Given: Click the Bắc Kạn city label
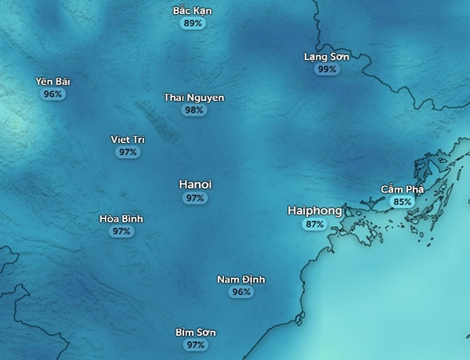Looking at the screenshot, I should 192,11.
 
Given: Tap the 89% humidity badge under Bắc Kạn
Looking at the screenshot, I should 192,23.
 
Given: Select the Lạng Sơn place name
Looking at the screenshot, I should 327,56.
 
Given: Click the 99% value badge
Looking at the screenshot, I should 327,69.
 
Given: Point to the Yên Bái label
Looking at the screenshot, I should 53,81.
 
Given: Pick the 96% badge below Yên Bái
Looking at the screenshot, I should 53,94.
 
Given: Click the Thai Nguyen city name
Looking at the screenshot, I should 193,98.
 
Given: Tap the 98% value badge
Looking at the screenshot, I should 193,110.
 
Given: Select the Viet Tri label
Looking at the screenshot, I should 128,139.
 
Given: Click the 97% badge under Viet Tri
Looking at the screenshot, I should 128,152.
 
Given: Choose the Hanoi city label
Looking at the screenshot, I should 195,185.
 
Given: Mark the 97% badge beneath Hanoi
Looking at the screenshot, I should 195,198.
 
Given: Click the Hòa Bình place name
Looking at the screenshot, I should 121,219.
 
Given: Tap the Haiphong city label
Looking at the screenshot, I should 314,211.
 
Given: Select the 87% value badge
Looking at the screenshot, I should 314,224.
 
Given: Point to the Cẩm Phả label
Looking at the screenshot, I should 402,189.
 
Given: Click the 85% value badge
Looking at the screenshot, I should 402,202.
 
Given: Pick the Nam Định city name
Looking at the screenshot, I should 241,279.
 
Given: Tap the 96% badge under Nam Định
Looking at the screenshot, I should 241,292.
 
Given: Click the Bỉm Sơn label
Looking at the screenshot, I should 195,333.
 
